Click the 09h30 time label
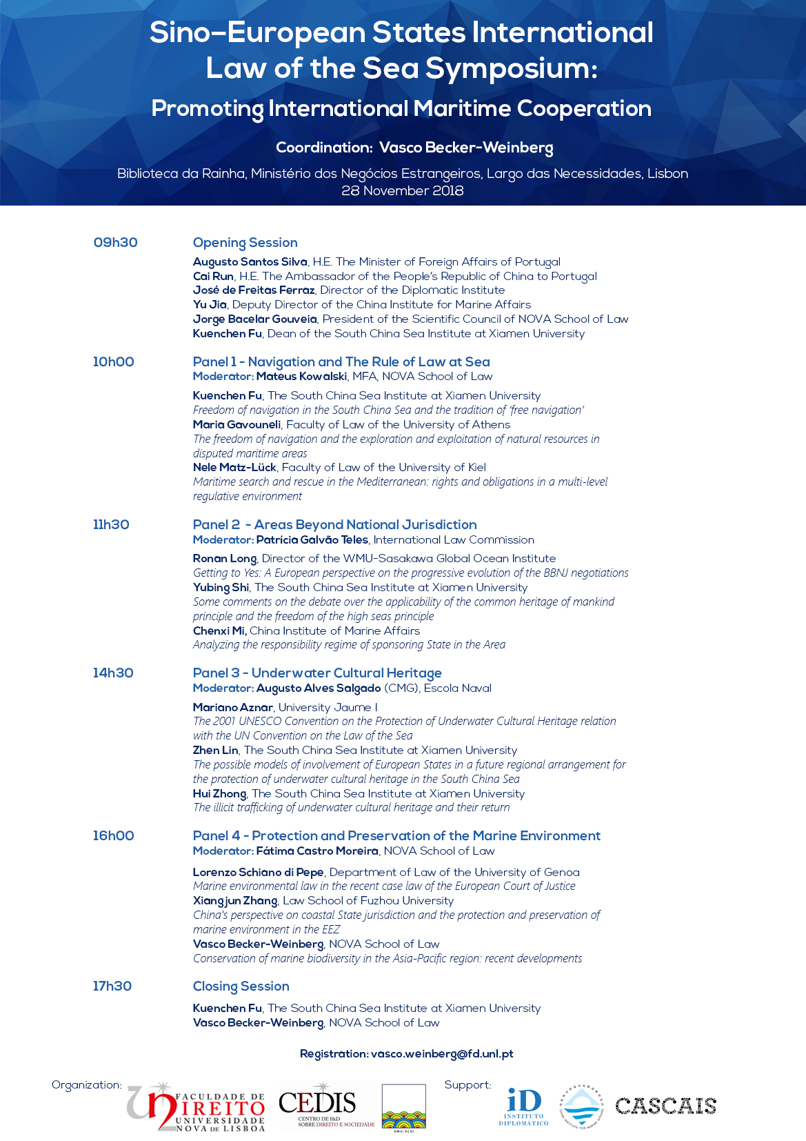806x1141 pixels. click(x=115, y=243)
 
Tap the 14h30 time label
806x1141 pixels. click(x=113, y=673)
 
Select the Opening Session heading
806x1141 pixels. click(x=245, y=243)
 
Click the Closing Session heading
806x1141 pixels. click(x=241, y=986)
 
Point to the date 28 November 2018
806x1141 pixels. click(x=402, y=191)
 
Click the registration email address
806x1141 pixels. click(x=442, y=1054)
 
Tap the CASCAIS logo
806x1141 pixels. click(x=665, y=1106)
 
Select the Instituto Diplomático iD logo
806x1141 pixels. click(x=524, y=1106)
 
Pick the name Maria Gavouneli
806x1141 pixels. click(x=236, y=425)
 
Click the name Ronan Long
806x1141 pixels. click(x=225, y=559)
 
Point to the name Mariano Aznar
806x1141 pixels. click(x=233, y=708)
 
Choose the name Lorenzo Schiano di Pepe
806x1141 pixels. click(x=258, y=873)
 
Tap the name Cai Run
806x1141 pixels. click(x=213, y=277)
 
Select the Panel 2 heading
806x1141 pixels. click(x=334, y=525)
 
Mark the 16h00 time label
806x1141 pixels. click(x=113, y=836)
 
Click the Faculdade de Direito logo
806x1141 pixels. click(x=196, y=1107)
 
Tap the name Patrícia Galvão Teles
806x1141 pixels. click(x=312, y=540)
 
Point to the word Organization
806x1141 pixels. click(x=86, y=1085)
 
